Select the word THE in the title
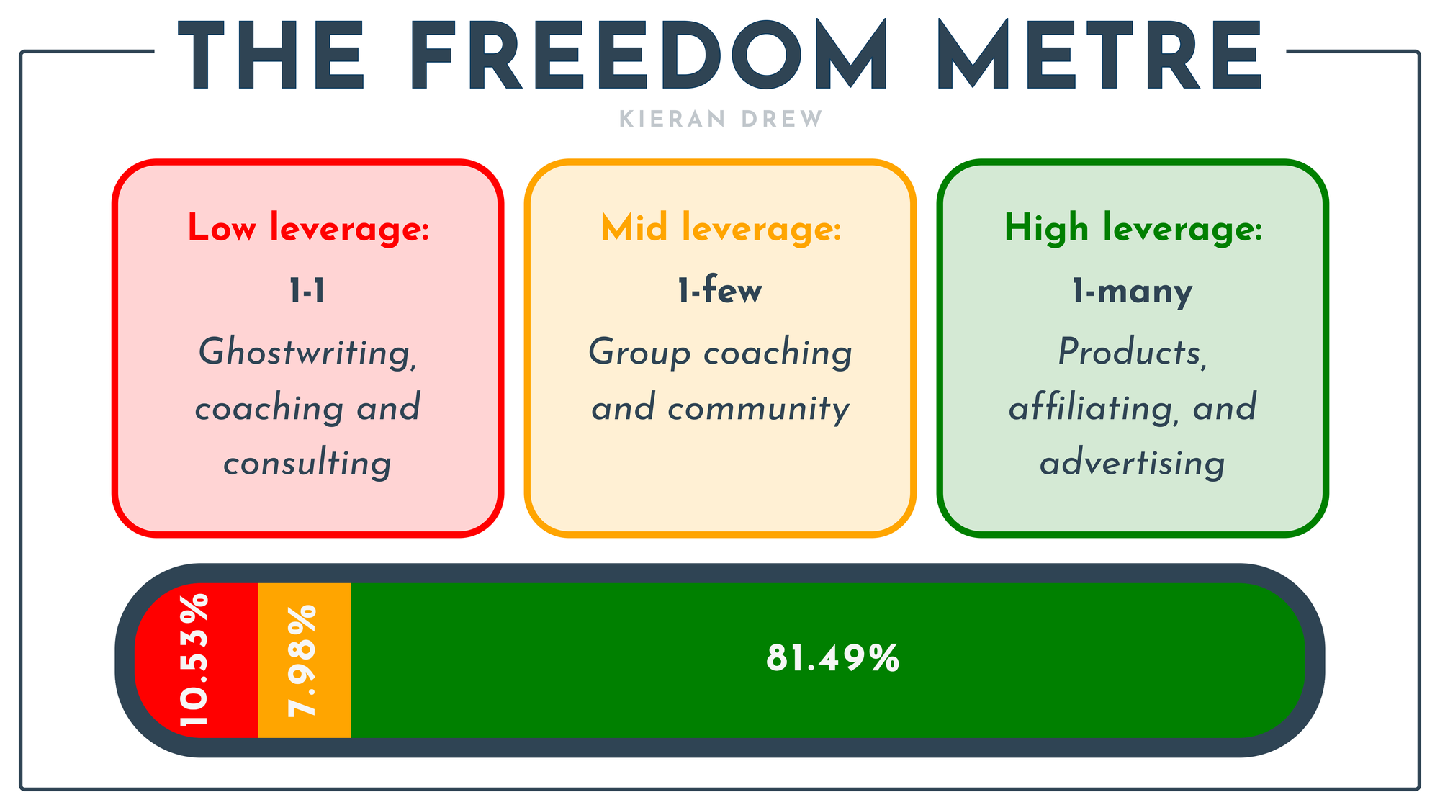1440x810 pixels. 271,55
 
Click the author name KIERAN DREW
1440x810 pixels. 721,119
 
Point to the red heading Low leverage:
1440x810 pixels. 308,228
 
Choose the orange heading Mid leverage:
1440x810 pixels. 721,228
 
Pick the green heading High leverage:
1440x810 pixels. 1133,228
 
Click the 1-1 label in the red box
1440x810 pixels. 307,291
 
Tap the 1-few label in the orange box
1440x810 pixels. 719,290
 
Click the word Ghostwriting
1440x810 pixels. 308,353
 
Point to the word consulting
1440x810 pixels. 307,462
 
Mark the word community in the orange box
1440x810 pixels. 758,409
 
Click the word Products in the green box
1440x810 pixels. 1133,352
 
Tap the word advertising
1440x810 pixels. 1133,462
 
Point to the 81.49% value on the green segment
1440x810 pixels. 833,658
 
